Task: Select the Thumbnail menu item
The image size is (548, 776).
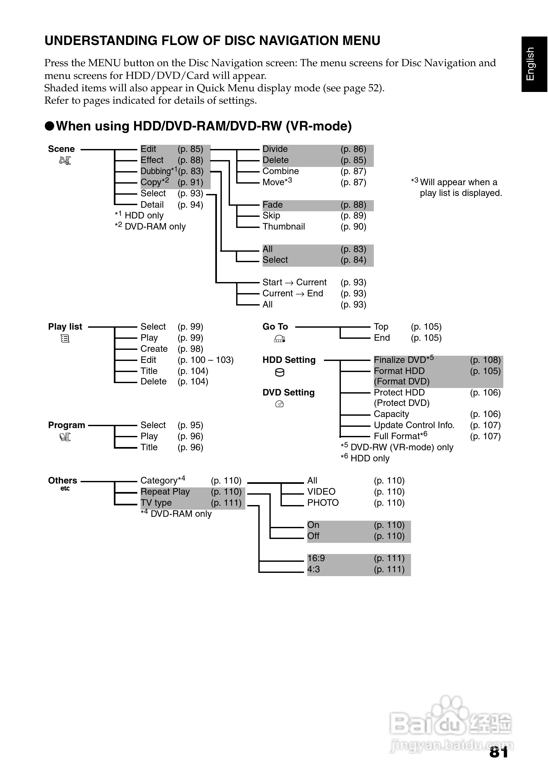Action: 283,227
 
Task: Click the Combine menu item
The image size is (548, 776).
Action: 280,171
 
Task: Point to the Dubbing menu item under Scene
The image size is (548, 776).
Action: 156,171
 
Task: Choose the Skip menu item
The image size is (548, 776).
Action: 271,215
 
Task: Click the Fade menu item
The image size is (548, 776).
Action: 272,204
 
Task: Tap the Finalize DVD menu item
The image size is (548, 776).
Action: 400,360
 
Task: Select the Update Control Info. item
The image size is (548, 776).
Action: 414,425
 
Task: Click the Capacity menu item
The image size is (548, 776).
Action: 391,414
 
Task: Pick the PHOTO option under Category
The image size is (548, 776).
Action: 323,502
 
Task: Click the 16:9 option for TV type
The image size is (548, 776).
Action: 316,558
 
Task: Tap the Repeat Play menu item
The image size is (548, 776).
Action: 165,491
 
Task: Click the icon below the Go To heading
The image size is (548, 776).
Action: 279,338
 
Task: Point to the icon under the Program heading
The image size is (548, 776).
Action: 65,437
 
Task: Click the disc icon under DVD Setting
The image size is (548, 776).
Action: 279,404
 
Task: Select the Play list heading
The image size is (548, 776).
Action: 65,326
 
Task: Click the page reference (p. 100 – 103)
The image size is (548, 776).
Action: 205,360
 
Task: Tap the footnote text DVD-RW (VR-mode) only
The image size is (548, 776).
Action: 402,447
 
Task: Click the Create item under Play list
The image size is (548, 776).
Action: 154,349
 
